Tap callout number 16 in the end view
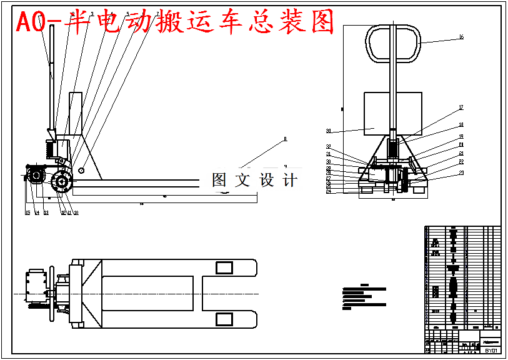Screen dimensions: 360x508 (461, 37)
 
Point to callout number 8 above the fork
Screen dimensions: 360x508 (285, 139)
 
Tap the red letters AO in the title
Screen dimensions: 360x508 (30, 22)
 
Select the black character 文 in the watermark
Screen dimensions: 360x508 (241, 180)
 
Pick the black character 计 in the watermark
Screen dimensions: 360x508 (289, 180)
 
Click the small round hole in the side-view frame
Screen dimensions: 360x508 (82, 170)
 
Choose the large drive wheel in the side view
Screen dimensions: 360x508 (62, 183)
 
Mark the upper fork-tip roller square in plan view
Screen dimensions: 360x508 (224, 268)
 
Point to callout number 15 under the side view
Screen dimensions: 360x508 (27, 213)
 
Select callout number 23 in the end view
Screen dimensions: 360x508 (461, 173)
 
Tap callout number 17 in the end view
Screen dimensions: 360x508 (461, 107)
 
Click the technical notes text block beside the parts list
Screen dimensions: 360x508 (364, 298)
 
